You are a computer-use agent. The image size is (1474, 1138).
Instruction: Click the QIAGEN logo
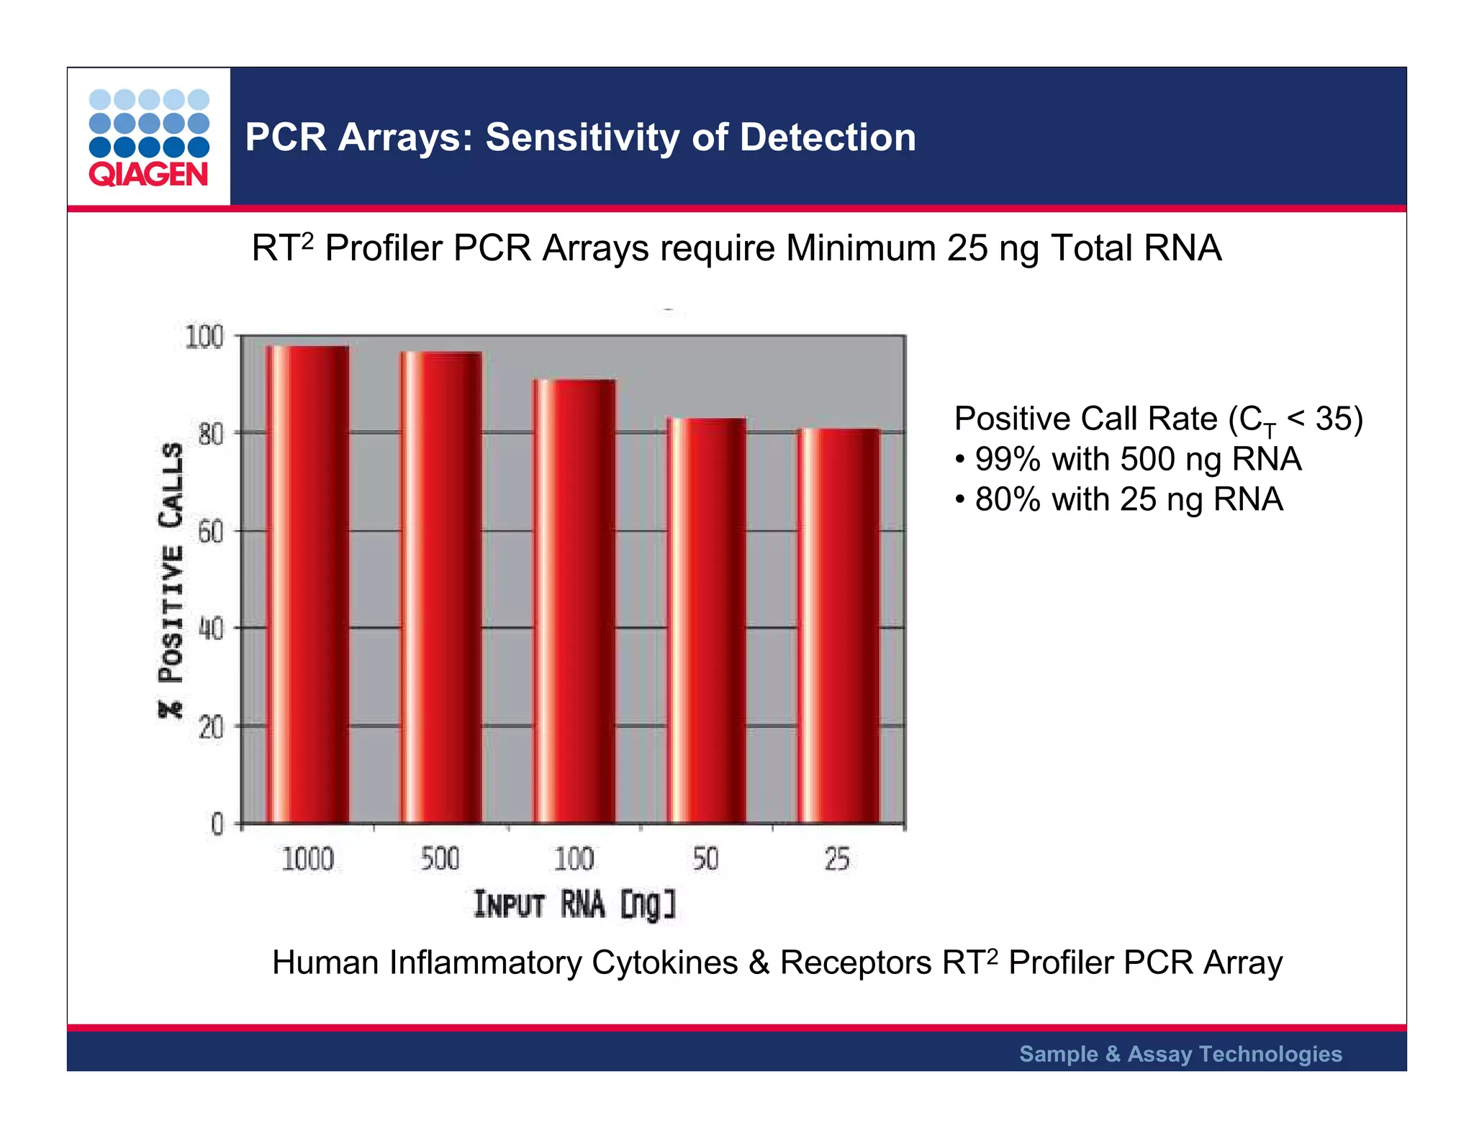pos(149,137)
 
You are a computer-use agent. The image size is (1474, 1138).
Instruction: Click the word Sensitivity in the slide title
pos(582,137)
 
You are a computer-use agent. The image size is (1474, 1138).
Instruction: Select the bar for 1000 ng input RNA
pos(308,584)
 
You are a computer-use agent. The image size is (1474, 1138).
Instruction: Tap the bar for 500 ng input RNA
pos(440,587)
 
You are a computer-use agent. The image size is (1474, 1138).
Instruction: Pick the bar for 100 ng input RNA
pos(574,601)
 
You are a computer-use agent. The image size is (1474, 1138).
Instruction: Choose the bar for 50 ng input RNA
pos(706,620)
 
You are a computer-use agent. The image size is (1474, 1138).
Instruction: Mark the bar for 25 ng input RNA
pos(838,626)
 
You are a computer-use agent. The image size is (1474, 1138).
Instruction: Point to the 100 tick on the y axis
pos(204,337)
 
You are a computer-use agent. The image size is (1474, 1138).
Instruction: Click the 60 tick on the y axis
pos(210,532)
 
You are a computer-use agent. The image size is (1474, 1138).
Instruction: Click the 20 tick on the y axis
pos(210,728)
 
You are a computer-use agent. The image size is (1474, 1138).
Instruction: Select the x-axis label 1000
pos(307,859)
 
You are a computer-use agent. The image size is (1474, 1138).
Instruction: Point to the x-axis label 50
pos(705,859)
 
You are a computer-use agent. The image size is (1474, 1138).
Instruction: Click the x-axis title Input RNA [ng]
pos(574,905)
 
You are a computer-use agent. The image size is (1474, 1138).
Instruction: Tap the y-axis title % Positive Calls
pos(171,580)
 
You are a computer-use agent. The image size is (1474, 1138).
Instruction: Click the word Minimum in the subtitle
pos(861,248)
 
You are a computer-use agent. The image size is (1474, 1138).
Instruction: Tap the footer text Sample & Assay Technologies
pos(1180,1054)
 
